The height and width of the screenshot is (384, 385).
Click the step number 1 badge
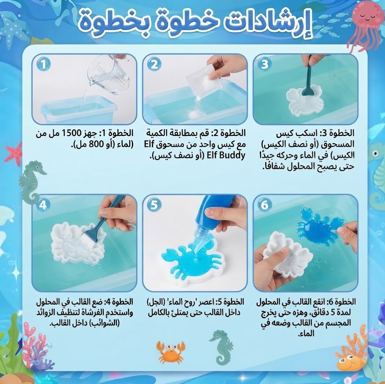tap(44, 65)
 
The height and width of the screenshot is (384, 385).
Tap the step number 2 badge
tap(154, 65)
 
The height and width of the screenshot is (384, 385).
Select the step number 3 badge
tap(264, 64)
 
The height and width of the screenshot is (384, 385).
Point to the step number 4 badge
tap(43, 205)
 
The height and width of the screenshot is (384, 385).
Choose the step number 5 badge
tap(154, 205)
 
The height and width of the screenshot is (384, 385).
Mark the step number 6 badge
tap(264, 205)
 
